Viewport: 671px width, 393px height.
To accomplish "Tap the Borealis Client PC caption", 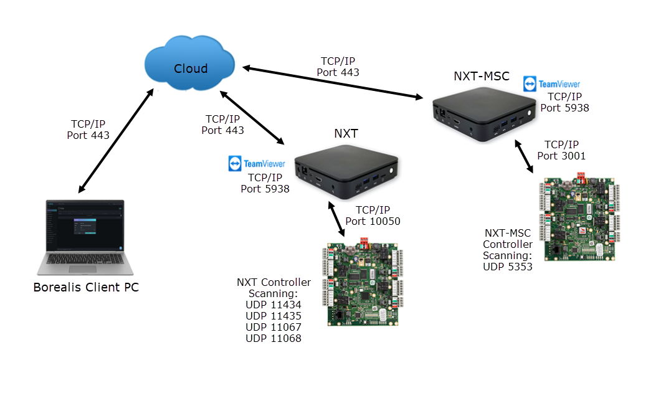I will pyautogui.click(x=85, y=288).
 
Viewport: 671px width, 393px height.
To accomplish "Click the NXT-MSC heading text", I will pyautogui.click(x=481, y=77).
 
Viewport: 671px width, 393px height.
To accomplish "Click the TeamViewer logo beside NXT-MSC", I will pyautogui.click(x=551, y=84).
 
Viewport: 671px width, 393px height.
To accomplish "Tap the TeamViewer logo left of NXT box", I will pyautogui.click(x=257, y=164).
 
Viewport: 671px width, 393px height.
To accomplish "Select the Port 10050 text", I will pyautogui.click(x=373, y=221).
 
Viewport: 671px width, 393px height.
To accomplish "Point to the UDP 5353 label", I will pyautogui.click(x=508, y=267).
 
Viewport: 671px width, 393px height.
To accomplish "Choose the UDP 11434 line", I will pyautogui.click(x=273, y=305).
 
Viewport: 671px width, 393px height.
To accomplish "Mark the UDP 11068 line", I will pyautogui.click(x=273, y=338).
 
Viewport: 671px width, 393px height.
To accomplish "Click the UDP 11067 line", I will pyautogui.click(x=273, y=327).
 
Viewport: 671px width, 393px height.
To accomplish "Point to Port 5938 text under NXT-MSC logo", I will pyautogui.click(x=564, y=108).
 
